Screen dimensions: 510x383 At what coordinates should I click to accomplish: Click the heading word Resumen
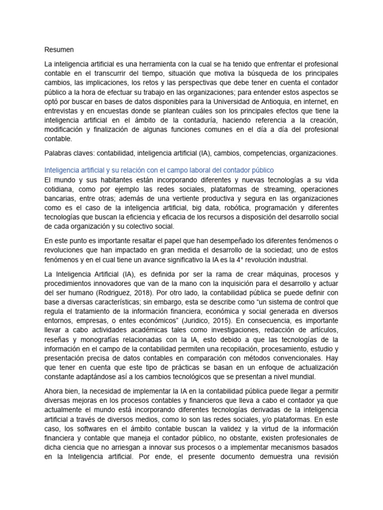click(59, 50)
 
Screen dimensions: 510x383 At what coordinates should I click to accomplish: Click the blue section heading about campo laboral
click(160, 170)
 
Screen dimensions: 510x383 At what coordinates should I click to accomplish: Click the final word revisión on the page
click(323, 457)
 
